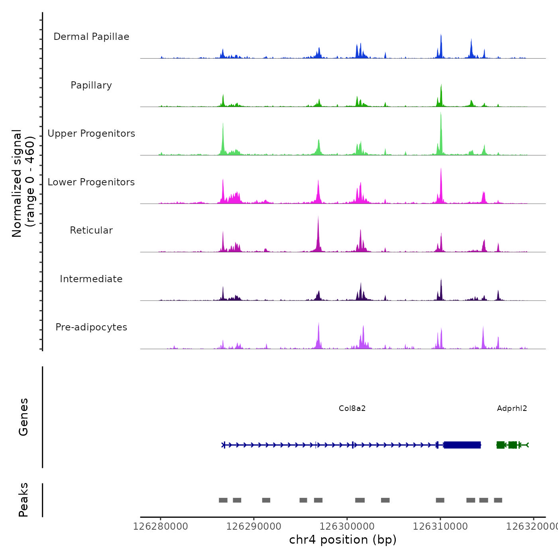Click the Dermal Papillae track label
(91, 37)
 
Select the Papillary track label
(91, 85)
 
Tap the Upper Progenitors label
(91, 134)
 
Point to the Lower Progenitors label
(91, 182)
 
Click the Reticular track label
(91, 230)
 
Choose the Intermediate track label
(91, 279)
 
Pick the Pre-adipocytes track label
(91, 327)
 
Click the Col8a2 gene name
(352, 409)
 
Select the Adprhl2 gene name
(512, 409)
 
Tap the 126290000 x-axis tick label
(254, 527)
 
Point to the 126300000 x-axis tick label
(347, 527)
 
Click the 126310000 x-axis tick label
(440, 527)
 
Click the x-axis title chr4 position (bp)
(343, 540)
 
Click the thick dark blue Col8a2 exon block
(462, 445)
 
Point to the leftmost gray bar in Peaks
(223, 500)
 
